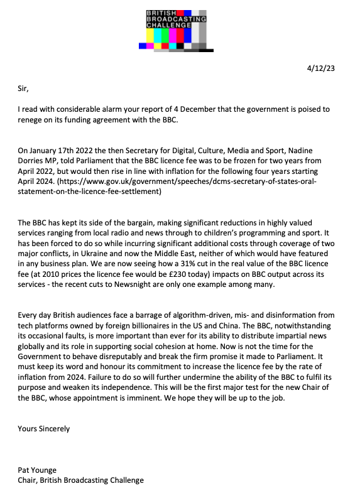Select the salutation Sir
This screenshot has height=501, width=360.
[x=23, y=89]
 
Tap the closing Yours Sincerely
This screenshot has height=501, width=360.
[x=43, y=429]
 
